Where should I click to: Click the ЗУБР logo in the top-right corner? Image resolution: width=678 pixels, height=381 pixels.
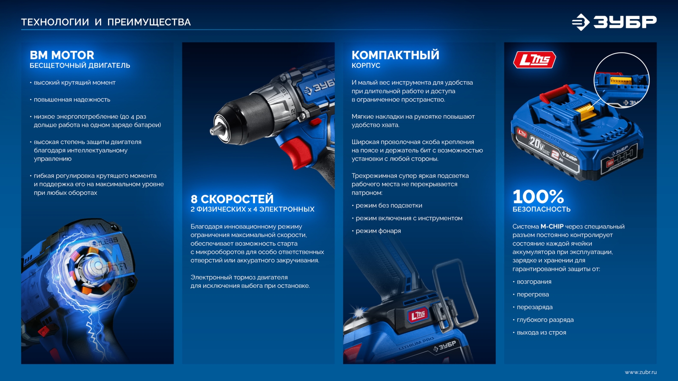[x=614, y=22]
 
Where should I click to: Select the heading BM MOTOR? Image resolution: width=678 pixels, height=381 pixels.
[x=62, y=55]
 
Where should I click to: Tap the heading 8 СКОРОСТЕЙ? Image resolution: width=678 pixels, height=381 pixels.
[x=232, y=199]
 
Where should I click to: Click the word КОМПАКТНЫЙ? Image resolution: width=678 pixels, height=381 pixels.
[x=395, y=55]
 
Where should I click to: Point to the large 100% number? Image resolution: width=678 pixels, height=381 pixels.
[x=538, y=197]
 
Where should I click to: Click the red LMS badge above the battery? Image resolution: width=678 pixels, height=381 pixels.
[x=534, y=60]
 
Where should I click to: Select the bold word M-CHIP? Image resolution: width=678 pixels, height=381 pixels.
[x=552, y=226]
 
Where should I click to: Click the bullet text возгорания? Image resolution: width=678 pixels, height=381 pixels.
[x=534, y=282]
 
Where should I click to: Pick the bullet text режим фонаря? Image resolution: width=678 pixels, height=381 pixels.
[x=378, y=231]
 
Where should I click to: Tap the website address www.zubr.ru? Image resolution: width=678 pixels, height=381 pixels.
[x=640, y=372]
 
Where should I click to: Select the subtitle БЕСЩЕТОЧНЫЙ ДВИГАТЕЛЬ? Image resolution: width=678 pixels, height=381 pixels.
[x=80, y=66]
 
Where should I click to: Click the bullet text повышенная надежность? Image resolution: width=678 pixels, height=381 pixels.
[x=72, y=100]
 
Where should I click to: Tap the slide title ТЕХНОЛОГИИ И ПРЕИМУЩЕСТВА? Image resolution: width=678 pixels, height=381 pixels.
[x=106, y=22]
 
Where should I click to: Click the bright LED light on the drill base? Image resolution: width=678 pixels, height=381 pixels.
[x=359, y=312]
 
